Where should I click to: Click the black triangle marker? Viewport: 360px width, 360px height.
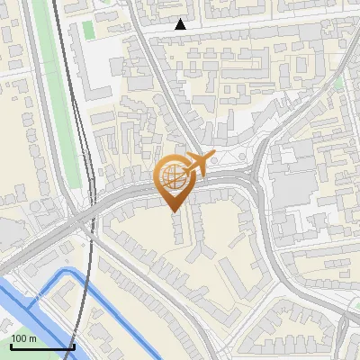[x=181, y=24]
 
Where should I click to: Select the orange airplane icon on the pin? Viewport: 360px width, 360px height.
[x=197, y=164]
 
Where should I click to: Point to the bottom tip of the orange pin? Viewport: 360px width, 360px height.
[x=173, y=211]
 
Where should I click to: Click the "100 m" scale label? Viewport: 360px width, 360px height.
[x=23, y=338]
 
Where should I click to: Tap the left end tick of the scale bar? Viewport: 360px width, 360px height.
[x=12, y=344]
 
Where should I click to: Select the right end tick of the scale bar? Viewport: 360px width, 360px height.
[x=74, y=344]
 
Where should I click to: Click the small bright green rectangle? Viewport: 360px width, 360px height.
[x=88, y=28]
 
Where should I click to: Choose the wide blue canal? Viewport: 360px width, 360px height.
[x=18, y=306]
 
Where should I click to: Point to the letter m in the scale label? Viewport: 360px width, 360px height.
[x=31, y=338]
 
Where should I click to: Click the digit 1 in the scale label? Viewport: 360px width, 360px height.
[x=14, y=338]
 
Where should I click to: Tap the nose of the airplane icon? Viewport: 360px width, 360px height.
[x=212, y=157]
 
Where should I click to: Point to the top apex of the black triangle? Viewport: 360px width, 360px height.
[x=181, y=19]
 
